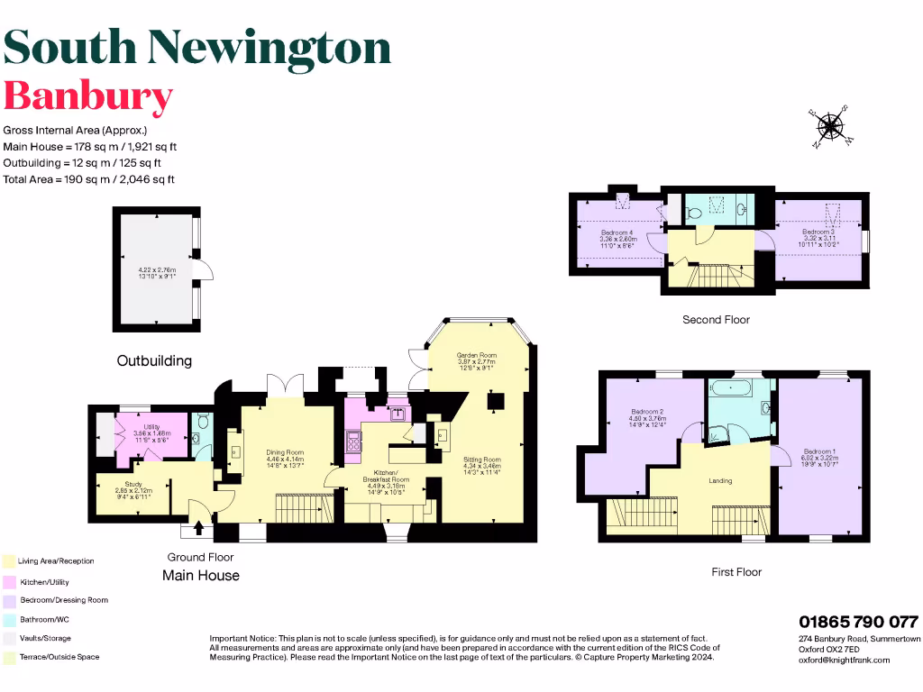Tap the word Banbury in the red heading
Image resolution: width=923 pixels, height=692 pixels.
click(x=88, y=96)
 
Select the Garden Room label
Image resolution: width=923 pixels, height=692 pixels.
click(x=477, y=355)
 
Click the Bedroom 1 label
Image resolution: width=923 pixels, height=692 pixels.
click(x=819, y=451)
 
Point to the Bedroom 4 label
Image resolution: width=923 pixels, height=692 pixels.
click(x=617, y=232)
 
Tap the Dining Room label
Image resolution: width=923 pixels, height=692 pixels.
click(x=284, y=452)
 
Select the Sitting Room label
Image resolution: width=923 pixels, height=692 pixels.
click(x=481, y=460)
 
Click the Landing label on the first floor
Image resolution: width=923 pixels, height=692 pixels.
click(x=720, y=480)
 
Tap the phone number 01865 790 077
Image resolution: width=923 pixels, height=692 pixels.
click(x=858, y=622)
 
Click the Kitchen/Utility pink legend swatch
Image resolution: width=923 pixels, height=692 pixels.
click(x=8, y=581)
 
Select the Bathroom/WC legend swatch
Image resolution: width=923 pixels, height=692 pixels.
click(x=8, y=619)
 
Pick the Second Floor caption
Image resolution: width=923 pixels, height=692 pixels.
click(x=717, y=320)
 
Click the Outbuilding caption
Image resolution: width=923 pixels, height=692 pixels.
click(x=154, y=360)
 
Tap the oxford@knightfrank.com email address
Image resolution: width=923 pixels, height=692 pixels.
click(x=845, y=660)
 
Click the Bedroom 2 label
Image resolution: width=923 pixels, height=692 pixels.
click(x=647, y=412)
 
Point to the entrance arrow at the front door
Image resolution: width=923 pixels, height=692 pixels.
click(x=198, y=531)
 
